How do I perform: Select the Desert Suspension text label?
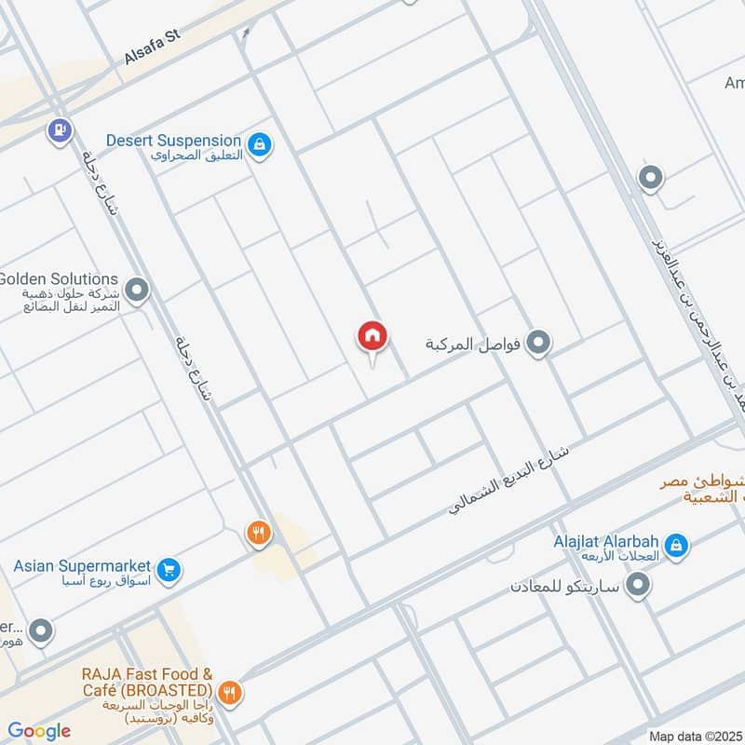[173, 141]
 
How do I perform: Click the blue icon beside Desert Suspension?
[263, 144]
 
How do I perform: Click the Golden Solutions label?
[59, 278]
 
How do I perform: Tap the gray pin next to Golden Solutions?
[138, 291]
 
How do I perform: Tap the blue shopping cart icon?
[168, 569]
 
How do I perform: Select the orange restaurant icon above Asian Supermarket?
[258, 534]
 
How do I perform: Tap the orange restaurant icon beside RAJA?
[230, 692]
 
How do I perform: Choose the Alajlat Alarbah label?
[606, 540]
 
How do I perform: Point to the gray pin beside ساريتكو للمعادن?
[638, 586]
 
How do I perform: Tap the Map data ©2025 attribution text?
[695, 736]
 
